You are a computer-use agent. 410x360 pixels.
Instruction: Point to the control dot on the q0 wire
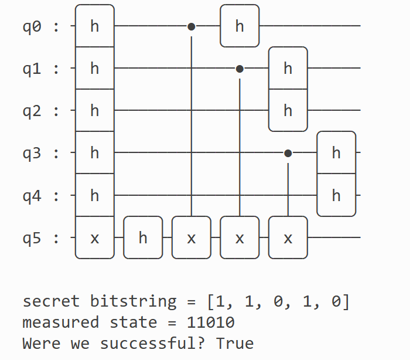click(191, 26)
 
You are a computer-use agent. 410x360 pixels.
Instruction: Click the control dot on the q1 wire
click(240, 69)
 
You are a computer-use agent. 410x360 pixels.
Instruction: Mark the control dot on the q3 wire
click(288, 153)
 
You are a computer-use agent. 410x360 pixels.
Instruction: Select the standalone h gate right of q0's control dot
click(240, 26)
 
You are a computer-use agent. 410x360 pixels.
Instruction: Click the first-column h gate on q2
click(95, 110)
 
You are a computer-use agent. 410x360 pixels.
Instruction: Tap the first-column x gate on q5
click(95, 237)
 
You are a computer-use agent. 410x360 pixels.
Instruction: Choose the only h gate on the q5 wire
click(143, 237)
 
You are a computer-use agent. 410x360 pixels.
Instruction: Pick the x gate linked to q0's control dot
click(191, 237)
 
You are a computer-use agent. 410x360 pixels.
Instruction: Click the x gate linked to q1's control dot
click(240, 237)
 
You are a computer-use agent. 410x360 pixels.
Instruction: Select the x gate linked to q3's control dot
click(288, 237)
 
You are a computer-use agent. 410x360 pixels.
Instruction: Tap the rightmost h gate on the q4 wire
click(336, 195)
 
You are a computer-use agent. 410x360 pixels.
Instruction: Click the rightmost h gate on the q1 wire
click(288, 68)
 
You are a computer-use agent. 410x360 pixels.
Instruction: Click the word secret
click(50, 301)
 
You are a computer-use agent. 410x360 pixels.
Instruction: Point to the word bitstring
click(133, 302)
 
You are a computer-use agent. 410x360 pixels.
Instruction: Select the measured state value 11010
click(210, 322)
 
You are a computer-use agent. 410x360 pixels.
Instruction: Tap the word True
click(235, 343)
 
